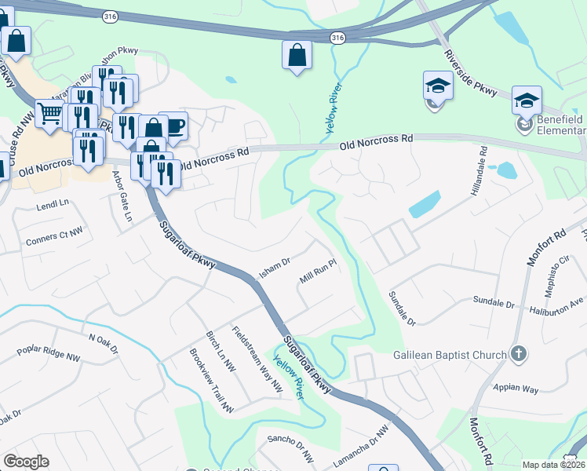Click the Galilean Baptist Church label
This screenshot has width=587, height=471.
(450, 355)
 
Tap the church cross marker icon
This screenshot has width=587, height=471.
(518, 354)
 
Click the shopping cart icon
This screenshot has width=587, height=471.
(49, 113)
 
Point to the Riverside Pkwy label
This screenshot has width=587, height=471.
(470, 75)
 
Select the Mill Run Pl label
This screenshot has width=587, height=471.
(318, 278)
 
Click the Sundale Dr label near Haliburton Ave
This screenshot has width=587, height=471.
(493, 301)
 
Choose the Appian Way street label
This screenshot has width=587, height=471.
(516, 388)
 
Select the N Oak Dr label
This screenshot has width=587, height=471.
(108, 339)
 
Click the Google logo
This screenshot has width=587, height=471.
(26, 462)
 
